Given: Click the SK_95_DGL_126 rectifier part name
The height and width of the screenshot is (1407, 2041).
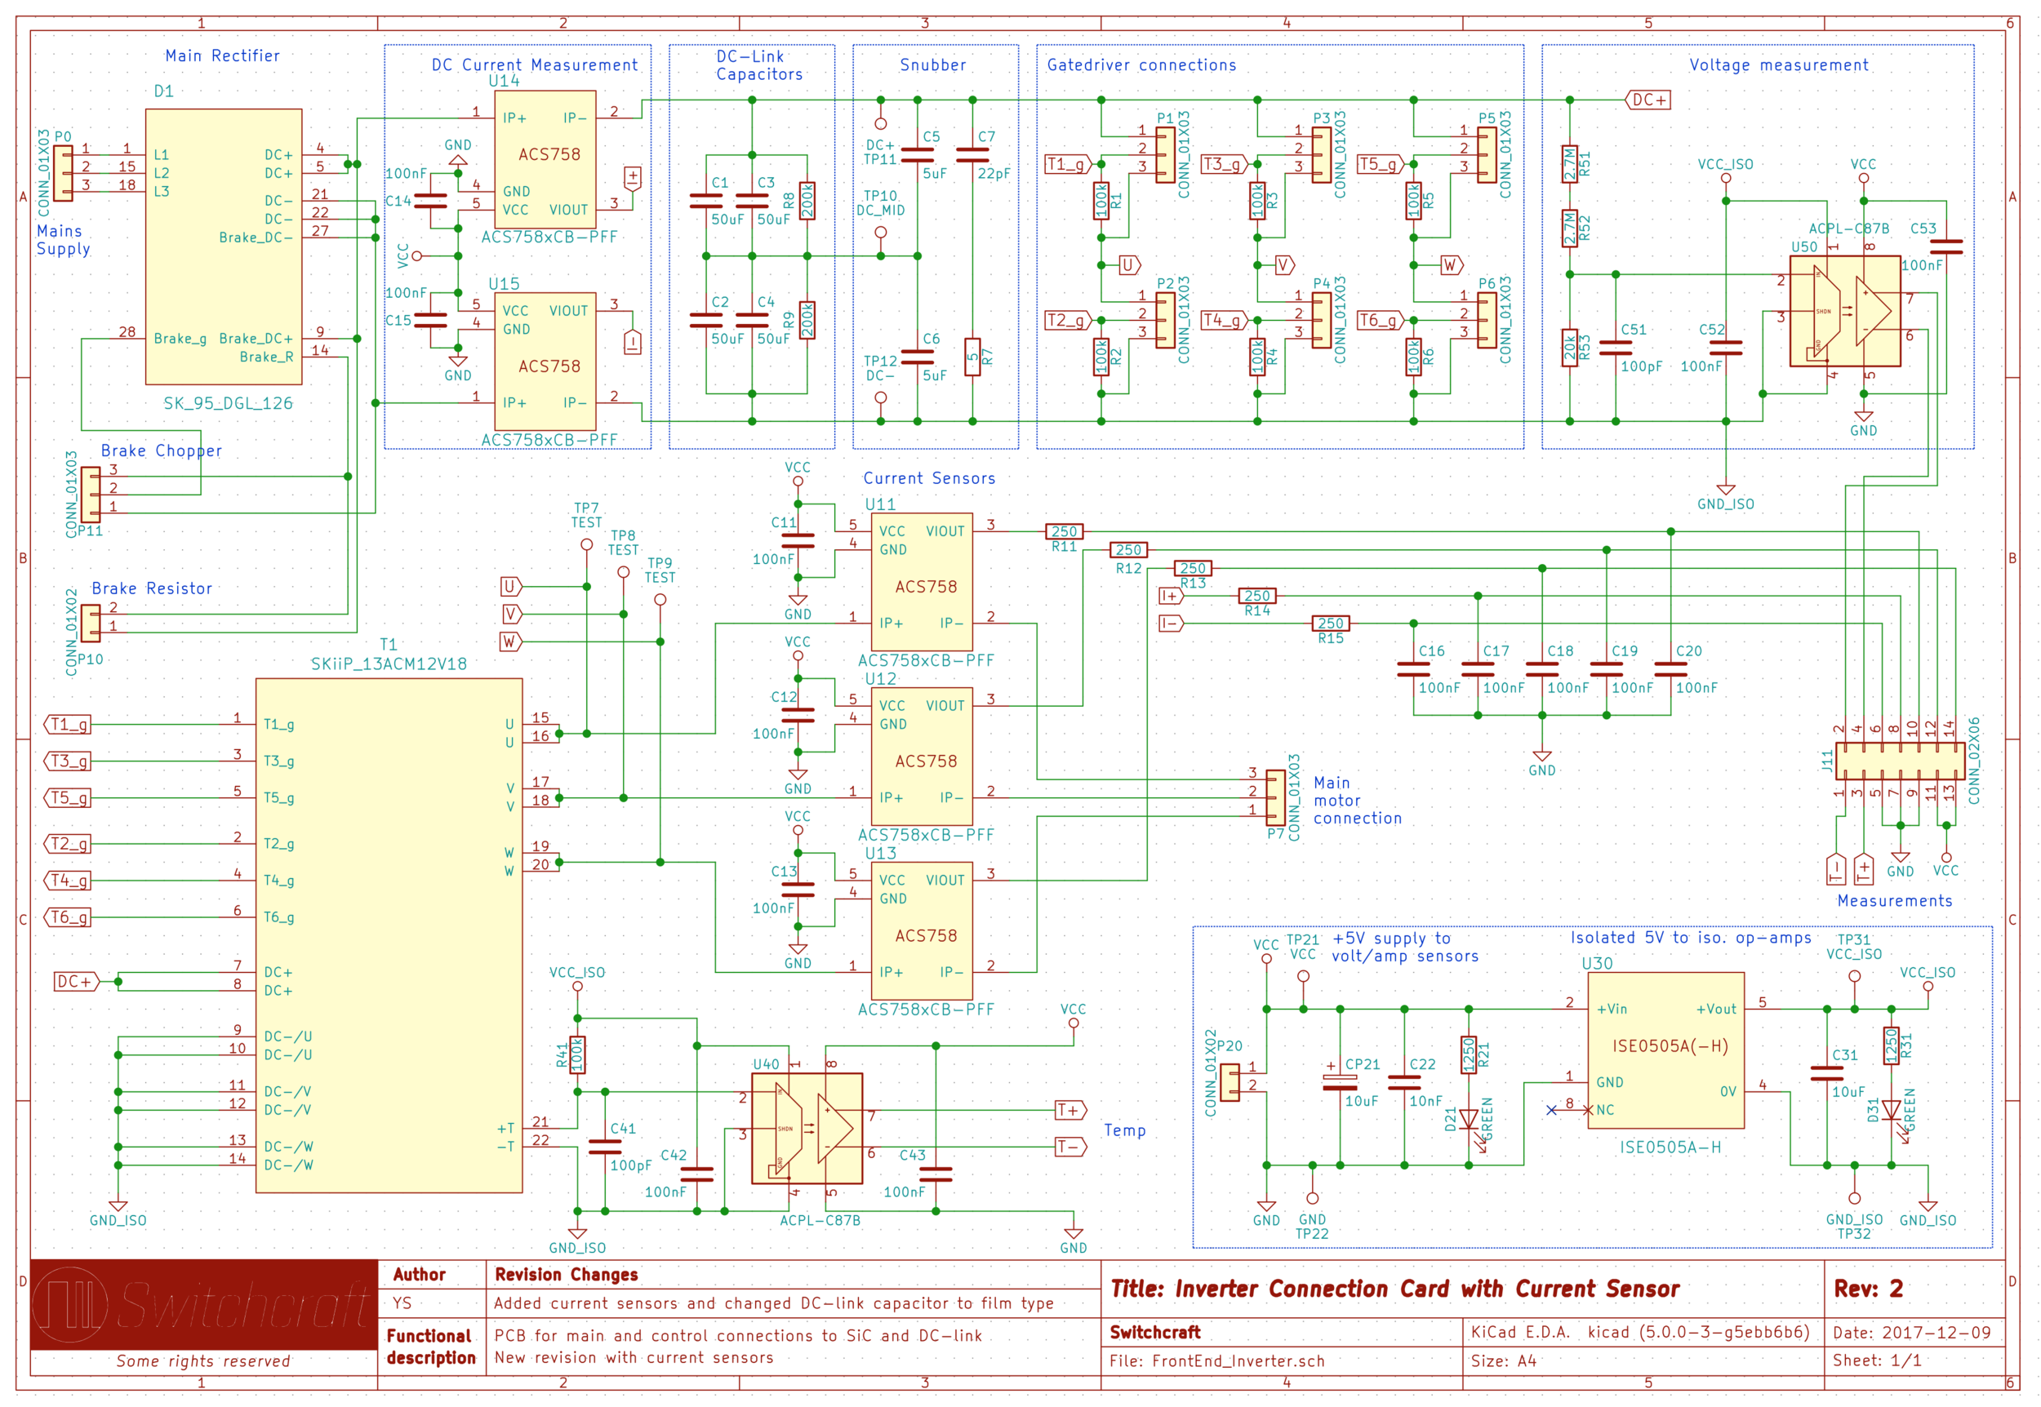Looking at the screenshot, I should click(228, 403).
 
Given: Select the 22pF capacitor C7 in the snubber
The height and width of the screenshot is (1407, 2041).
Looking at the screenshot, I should click(972, 154).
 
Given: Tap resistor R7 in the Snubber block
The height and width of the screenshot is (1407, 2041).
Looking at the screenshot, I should click(972, 357).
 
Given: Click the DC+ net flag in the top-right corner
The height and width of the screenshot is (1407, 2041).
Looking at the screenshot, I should click(1647, 100).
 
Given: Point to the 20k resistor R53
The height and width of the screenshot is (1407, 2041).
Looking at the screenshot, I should click(1569, 348).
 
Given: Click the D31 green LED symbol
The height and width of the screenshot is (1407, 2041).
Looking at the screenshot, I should click(1890, 1112).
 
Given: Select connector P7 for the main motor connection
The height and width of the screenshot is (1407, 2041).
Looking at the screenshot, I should click(1275, 797).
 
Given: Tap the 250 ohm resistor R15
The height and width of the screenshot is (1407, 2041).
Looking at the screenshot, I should click(1330, 624).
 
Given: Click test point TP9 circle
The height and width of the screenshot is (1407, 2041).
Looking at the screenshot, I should click(660, 600).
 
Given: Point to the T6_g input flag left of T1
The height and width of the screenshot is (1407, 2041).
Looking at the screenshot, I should click(69, 917).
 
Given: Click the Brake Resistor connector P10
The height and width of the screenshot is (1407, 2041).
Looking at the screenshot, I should click(90, 623).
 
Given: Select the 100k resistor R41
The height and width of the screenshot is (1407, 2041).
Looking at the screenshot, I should click(577, 1054).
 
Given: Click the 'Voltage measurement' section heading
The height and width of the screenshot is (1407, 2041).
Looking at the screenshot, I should click(1777, 64).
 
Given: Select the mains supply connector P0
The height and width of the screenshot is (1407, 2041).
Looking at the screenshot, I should click(63, 173).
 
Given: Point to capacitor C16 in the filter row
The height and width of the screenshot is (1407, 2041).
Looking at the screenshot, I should click(1412, 669).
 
